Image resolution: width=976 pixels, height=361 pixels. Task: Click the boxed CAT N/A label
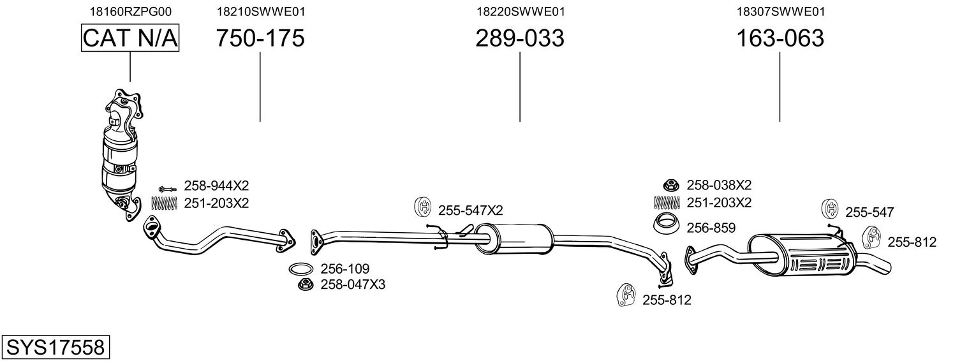130,38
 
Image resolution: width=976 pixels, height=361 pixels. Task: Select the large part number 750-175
260,38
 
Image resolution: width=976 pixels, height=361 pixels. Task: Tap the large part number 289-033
520,38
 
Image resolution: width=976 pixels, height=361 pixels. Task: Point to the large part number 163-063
780,38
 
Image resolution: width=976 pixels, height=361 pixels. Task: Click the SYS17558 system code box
55,348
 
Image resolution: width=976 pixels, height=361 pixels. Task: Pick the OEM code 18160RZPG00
130,11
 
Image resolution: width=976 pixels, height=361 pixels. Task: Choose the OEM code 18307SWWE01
780,11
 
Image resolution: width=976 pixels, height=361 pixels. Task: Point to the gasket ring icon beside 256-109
300,269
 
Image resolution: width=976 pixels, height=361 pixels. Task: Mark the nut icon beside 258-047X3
305,284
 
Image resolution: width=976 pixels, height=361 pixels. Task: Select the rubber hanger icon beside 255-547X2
422,207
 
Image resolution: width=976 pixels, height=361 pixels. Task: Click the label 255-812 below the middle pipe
667,300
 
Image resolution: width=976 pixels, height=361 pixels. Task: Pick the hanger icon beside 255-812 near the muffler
871,238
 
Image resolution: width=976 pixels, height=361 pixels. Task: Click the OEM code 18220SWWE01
520,11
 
